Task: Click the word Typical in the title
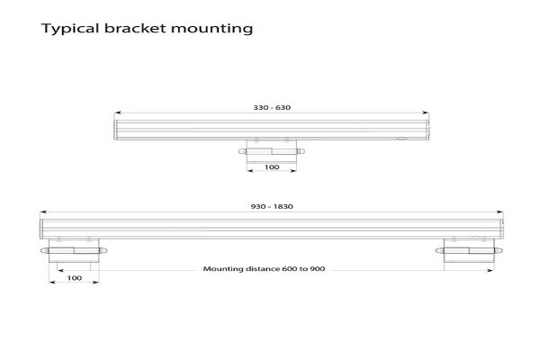tap(70, 29)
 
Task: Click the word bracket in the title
tap(135, 28)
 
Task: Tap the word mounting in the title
tap(212, 29)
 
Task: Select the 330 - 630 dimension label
tap(272, 107)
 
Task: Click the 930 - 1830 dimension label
tap(272, 207)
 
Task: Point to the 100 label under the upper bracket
tap(272, 167)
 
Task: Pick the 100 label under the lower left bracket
tap(75, 278)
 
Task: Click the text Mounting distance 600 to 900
tap(264, 269)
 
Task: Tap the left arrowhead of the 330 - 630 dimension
tap(118, 112)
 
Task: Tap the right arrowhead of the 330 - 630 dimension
tap(426, 112)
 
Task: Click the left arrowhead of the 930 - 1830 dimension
tap(43, 212)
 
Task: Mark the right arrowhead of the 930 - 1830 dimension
tap(499, 212)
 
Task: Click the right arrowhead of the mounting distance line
tap(490, 270)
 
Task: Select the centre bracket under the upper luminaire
tap(272, 151)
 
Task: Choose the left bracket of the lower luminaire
tap(74, 250)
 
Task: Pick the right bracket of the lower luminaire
tap(469, 250)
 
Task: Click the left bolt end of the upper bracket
tap(242, 151)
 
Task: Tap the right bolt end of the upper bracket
tap(301, 151)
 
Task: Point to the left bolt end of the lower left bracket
tap(45, 250)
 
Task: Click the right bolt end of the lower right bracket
tap(499, 250)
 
